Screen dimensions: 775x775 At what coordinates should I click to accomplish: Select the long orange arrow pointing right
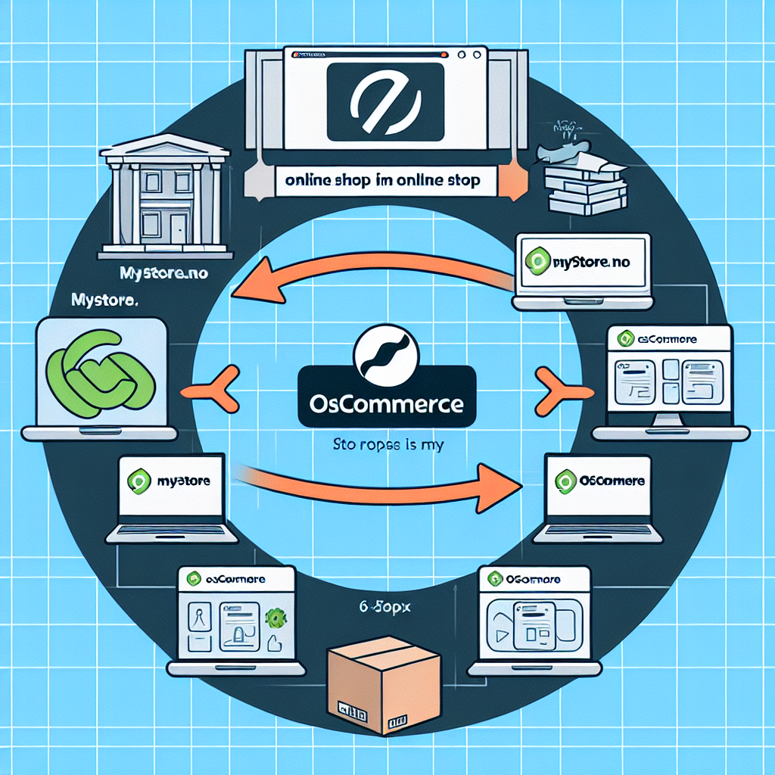coord(378,481)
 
